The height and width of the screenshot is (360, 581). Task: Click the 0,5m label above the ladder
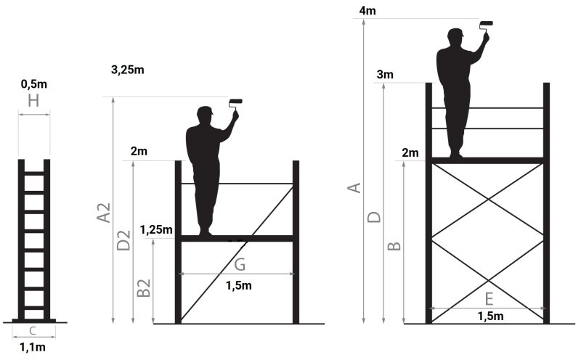click(x=34, y=84)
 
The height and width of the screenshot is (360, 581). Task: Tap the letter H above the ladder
click(x=33, y=101)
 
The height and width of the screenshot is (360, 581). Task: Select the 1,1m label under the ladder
click(x=33, y=348)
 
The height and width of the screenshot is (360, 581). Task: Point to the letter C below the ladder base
click(x=33, y=331)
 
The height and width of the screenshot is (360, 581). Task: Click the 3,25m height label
click(x=128, y=70)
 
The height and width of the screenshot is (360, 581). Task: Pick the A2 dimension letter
click(x=104, y=213)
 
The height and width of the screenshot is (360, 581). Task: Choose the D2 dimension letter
click(x=123, y=240)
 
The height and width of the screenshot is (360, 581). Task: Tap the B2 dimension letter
click(x=144, y=288)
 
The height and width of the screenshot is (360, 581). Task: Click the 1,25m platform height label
click(x=156, y=230)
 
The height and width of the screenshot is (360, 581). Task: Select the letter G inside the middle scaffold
click(x=240, y=264)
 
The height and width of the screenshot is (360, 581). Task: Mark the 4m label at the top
click(x=367, y=11)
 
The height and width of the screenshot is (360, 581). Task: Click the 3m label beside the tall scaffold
click(x=385, y=75)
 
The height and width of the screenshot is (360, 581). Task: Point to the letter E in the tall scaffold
click(x=489, y=298)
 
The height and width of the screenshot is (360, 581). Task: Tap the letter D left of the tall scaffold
click(x=374, y=217)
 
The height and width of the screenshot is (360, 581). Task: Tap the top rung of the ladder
click(x=33, y=173)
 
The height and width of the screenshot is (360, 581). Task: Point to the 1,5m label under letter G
click(x=239, y=285)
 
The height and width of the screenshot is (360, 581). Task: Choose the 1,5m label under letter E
click(x=490, y=316)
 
